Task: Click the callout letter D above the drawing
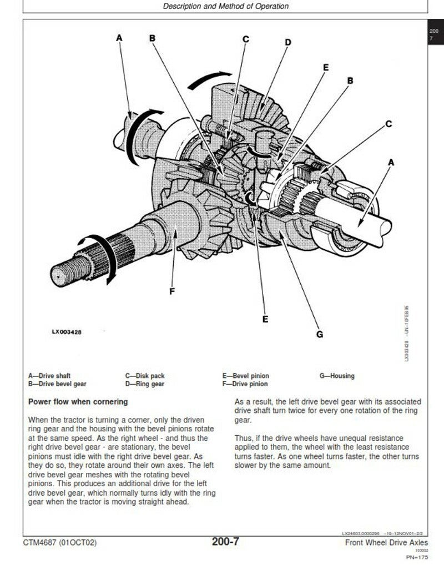point(288,42)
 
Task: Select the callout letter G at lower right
point(320,334)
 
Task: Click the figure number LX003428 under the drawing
point(68,332)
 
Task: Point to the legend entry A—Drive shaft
point(49,376)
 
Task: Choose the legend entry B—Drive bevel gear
point(57,384)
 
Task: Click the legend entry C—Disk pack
point(145,376)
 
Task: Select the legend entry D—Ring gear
point(145,384)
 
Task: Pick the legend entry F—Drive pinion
point(245,384)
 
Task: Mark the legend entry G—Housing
point(337,376)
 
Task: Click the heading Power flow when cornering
point(78,401)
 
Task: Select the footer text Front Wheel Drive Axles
point(386,542)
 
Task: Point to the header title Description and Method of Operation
point(226,7)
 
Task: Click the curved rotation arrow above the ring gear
point(209,79)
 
